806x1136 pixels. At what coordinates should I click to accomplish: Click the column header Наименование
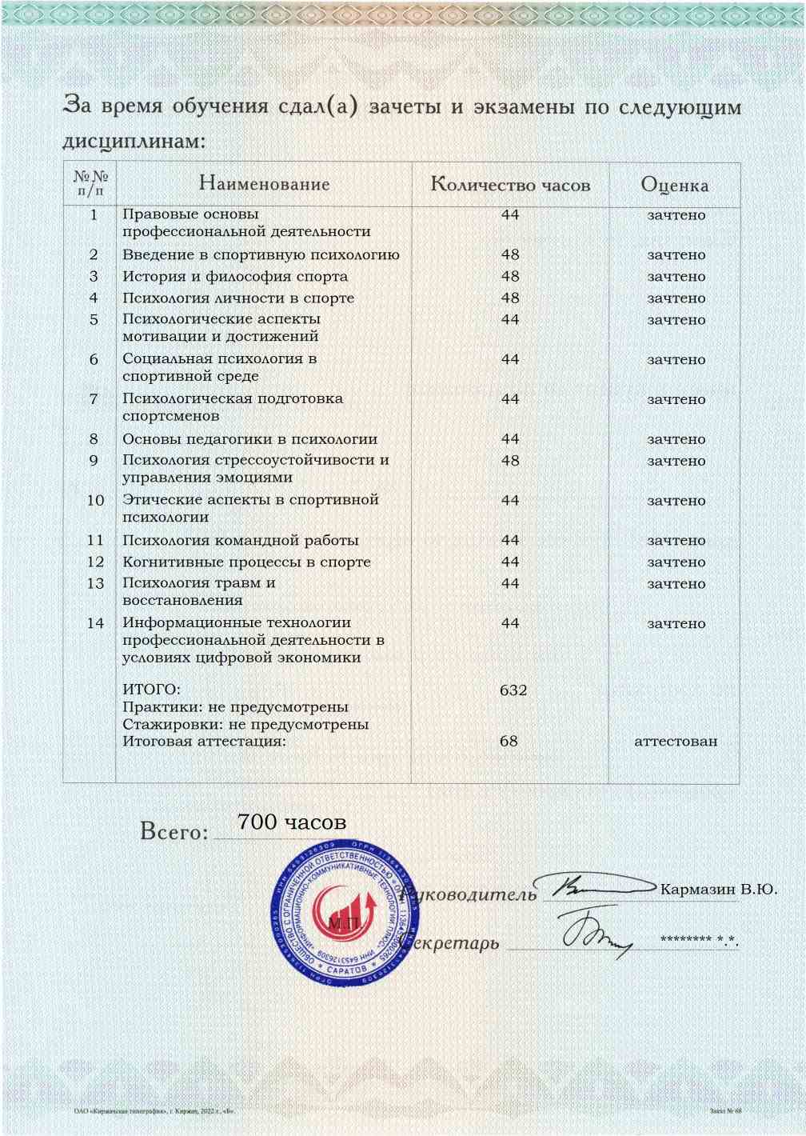(264, 184)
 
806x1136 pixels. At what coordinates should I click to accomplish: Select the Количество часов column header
(510, 185)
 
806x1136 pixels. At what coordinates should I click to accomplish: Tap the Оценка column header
(674, 186)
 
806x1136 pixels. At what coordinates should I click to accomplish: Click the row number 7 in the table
(94, 398)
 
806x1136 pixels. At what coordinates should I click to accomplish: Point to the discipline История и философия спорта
(235, 276)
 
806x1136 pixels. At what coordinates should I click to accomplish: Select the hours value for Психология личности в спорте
(510, 298)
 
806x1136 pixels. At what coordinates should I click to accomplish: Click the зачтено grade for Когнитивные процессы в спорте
(676, 562)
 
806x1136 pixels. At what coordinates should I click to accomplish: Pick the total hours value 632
(513, 690)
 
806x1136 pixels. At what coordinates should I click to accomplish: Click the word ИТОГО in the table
(151, 690)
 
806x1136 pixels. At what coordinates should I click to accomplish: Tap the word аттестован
(676, 741)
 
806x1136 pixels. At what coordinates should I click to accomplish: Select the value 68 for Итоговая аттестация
(509, 741)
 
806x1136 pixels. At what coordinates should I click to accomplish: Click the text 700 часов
(292, 822)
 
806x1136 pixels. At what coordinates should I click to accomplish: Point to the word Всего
(174, 832)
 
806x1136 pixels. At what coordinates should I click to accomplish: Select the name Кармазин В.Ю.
(718, 889)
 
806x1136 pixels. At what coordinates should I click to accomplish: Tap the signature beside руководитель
(596, 886)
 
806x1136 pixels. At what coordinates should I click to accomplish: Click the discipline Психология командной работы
(240, 540)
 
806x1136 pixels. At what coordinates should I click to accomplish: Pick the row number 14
(95, 622)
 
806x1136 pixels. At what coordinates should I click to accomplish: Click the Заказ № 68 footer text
(725, 1111)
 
